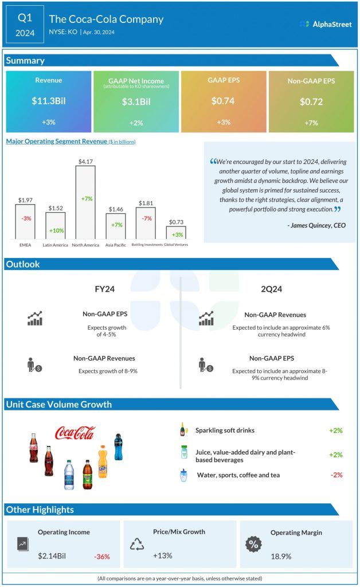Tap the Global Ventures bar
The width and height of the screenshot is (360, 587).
coord(176,232)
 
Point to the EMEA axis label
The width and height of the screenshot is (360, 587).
coord(25,245)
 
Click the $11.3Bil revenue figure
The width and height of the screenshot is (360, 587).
coord(48,101)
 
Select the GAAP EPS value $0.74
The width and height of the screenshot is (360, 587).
coord(224,101)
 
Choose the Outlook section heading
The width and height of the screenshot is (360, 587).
coord(24,264)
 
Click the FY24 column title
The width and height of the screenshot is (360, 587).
coord(104,289)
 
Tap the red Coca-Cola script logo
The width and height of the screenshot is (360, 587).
coord(75,433)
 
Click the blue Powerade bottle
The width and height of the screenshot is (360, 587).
coord(118,447)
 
